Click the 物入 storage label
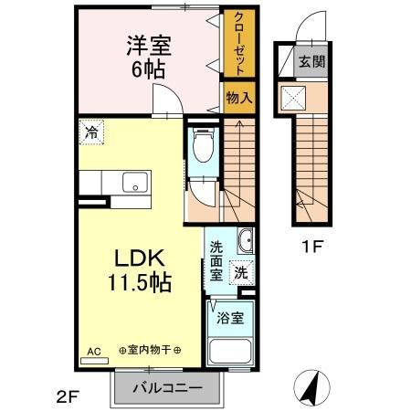click(x=237, y=98)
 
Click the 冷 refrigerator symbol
click(x=91, y=132)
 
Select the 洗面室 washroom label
click(x=216, y=259)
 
